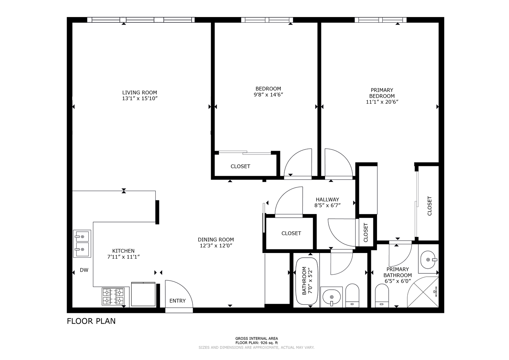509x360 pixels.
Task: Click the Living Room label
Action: click(140, 93)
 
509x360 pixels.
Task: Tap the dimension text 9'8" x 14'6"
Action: click(268, 95)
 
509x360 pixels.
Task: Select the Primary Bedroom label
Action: click(382, 93)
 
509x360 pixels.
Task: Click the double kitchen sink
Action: click(82, 244)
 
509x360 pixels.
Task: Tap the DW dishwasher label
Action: click(84, 270)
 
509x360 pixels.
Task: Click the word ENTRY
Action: click(177, 301)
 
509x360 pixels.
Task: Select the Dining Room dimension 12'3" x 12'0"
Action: click(216, 245)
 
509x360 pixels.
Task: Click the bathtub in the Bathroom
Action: click(307, 281)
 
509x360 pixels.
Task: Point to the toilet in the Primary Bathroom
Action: click(382, 295)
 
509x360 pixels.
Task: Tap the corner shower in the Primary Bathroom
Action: click(423, 292)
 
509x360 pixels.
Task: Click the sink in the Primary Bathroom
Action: click(429, 260)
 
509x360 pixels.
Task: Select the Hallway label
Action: click(327, 200)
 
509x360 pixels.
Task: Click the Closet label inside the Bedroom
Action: click(240, 166)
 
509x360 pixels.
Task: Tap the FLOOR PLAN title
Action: click(91, 321)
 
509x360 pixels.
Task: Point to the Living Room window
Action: click(141, 20)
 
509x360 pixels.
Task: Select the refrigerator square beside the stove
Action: click(143, 294)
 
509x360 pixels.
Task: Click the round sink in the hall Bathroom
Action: click(332, 297)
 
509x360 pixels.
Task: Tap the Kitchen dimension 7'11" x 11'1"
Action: click(123, 257)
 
